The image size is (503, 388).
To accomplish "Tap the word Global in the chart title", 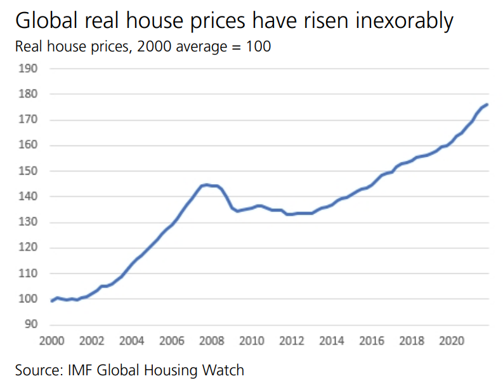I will click(42, 22).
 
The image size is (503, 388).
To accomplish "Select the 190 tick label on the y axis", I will click(29, 69).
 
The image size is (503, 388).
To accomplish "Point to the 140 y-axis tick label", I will click(29, 197).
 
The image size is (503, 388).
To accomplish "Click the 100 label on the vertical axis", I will click(29, 299).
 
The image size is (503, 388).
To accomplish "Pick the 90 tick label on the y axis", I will click(32, 324).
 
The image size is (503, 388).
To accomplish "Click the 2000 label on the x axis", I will click(51, 340).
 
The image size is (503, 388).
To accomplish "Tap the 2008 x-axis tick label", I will click(211, 340).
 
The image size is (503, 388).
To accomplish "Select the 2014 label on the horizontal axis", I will click(330, 340).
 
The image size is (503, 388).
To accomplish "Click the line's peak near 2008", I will click(206, 185).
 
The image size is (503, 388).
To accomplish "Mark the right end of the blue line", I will click(487, 104).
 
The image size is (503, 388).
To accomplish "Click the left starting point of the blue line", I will click(51, 300).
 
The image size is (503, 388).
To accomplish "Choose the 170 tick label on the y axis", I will click(29, 120).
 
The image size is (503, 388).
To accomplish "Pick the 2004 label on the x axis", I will click(131, 340).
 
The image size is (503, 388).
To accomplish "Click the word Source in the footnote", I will click(36, 369).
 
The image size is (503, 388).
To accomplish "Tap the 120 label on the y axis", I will click(29, 248).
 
